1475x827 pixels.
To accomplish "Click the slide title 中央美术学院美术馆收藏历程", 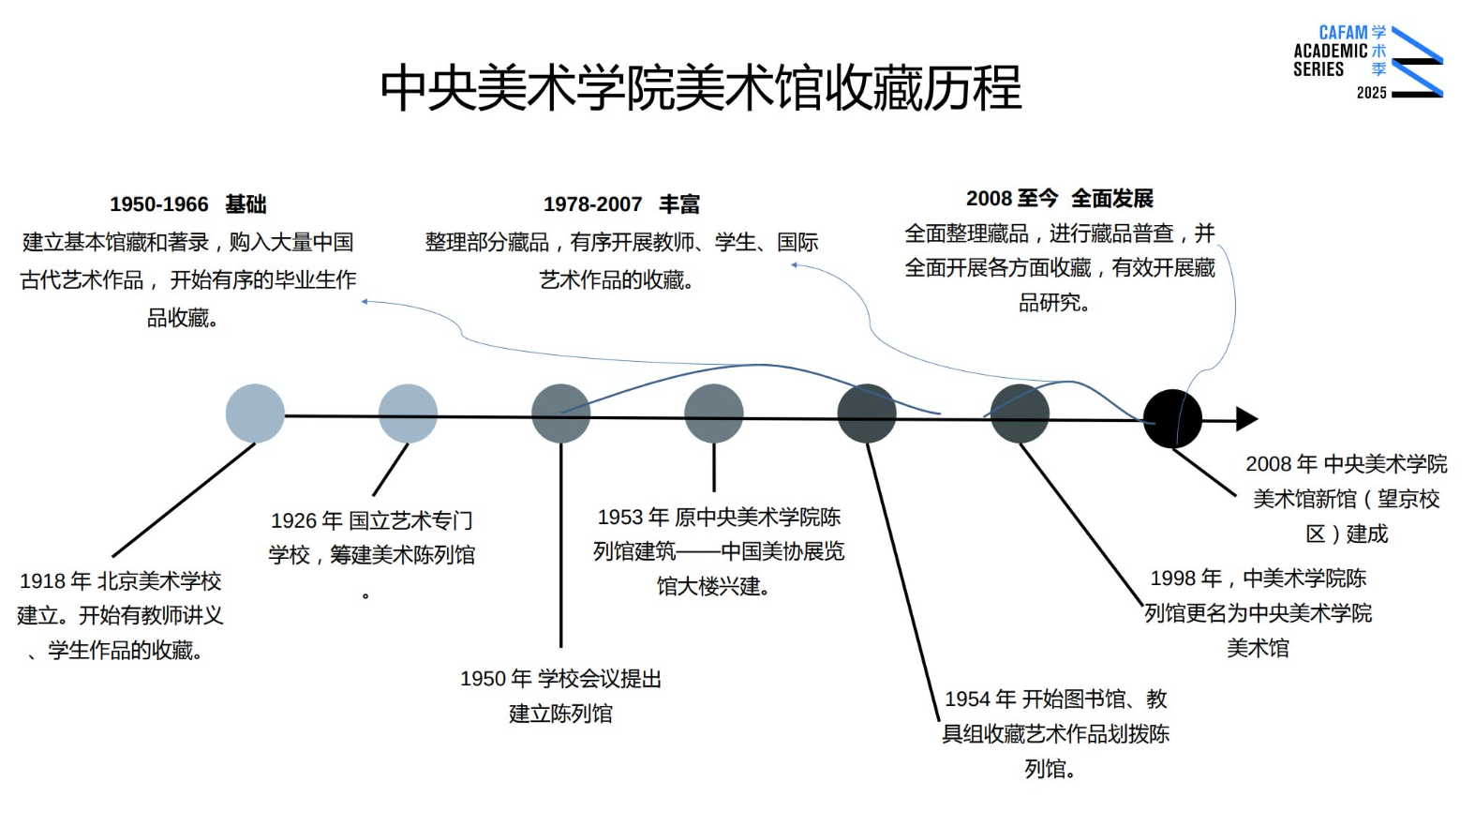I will point(700,87).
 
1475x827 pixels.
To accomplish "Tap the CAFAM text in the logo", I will point(1343,33).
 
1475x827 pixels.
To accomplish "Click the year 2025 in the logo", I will point(1371,93).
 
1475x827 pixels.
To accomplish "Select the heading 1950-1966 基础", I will point(187,204).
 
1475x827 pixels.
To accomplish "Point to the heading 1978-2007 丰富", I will point(621,204).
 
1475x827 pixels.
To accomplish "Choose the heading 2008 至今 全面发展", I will point(1059,199).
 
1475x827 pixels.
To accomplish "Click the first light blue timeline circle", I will point(255,413).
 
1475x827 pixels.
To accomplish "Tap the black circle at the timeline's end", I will point(1171,418).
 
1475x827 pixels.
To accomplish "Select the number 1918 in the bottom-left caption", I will point(42,581).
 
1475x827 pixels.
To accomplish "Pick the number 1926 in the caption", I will point(293,521).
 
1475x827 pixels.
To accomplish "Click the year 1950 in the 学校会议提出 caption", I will point(483,679).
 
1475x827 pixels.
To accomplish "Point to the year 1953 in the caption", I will point(619,518).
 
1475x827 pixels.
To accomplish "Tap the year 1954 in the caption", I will point(967,699).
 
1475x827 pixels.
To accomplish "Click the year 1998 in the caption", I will point(1172,579).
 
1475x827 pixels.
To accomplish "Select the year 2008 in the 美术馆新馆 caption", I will point(1268,464).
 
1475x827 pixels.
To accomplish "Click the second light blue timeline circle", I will point(408,413).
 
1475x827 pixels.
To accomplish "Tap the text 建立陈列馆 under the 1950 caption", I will point(560,714).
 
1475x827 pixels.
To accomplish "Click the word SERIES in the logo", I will point(1318,69).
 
